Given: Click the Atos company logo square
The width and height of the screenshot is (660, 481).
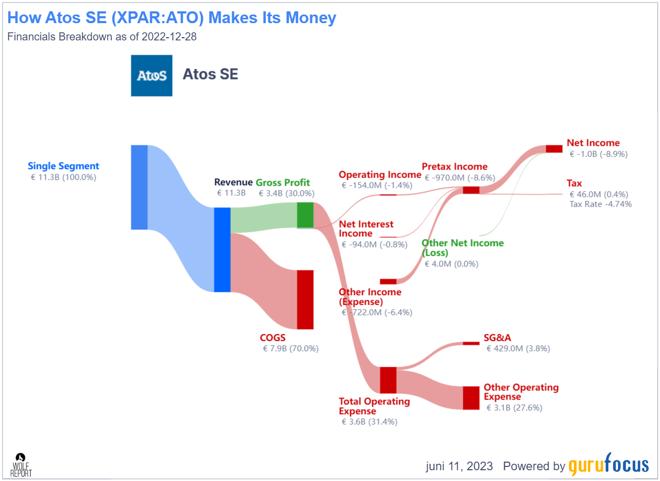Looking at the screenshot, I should (x=151, y=75).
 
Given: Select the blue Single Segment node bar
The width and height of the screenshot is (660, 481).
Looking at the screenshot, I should (x=139, y=187).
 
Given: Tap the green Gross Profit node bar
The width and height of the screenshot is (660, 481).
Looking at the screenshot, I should (x=305, y=215).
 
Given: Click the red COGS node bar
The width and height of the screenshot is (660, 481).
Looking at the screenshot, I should (x=305, y=299).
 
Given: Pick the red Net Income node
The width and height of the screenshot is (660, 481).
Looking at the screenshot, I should (x=553, y=149).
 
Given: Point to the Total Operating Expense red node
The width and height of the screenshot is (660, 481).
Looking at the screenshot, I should (x=388, y=380).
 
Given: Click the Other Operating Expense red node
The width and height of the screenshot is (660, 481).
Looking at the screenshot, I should (x=471, y=398).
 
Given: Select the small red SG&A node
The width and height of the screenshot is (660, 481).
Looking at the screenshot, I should (x=471, y=343).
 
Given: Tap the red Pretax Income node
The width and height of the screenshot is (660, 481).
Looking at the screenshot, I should (x=471, y=190).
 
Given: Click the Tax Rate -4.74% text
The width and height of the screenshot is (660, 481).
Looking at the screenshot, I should (x=600, y=204).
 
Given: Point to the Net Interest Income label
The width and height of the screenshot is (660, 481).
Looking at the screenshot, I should (x=366, y=229).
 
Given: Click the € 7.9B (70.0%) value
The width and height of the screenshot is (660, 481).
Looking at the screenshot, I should (x=291, y=348).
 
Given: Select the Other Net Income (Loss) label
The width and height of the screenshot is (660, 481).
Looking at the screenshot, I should (x=462, y=248).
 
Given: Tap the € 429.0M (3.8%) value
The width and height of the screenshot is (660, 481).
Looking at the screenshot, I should (x=518, y=348).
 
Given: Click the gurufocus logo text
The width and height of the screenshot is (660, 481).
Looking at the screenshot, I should (x=608, y=465).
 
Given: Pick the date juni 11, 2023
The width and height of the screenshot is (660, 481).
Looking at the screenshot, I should (x=459, y=466).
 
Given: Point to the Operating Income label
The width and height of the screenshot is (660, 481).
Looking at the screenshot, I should (x=380, y=175).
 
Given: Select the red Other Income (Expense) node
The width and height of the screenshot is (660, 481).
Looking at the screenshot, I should (x=388, y=281).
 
